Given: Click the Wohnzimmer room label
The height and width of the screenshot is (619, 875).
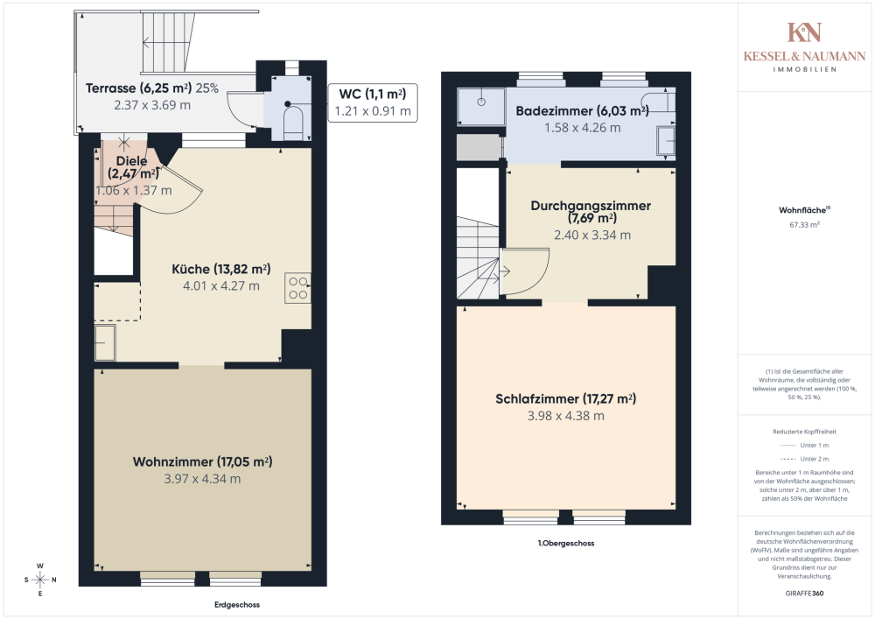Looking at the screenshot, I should tap(202, 461).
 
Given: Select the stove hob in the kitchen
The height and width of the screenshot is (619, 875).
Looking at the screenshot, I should tap(297, 288).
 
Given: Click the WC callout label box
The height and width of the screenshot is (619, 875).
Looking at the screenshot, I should tap(372, 102).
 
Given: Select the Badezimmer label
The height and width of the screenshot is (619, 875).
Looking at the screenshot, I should tap(581, 111).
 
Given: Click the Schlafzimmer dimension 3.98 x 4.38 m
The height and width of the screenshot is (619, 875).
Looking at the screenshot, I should tap(565, 416).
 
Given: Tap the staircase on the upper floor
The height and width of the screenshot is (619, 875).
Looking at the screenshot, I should tap(477, 254).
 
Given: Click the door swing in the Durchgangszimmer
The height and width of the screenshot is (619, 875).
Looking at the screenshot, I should tap(525, 271).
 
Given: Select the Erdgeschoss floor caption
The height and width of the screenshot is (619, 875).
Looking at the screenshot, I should tap(236, 605).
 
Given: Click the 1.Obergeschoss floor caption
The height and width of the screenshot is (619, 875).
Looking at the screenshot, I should tap(566, 543).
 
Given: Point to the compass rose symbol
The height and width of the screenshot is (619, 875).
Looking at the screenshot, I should tap(40, 580).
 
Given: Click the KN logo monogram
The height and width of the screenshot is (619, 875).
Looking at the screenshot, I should tap(804, 33).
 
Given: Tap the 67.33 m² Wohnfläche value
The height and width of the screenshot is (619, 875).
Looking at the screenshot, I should tap(804, 224).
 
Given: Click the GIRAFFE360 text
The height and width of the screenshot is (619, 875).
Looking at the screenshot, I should tap(804, 593).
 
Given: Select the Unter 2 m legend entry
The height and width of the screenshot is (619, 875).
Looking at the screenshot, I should tap(804, 459).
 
